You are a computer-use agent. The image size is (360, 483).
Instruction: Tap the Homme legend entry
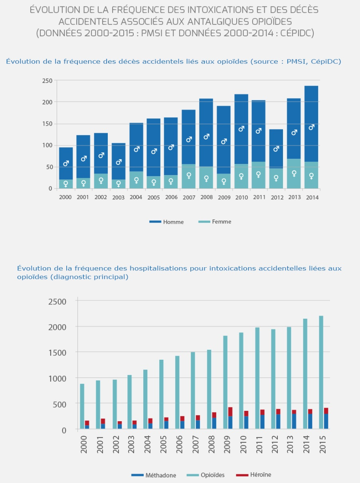[x=166, y=222]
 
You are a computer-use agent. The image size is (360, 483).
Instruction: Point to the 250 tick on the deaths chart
[x=47, y=81]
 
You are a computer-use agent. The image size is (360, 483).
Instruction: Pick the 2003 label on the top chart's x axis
[x=119, y=197]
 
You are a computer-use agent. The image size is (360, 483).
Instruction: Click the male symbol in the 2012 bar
[x=276, y=149]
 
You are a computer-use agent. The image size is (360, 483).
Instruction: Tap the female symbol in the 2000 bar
[x=66, y=184]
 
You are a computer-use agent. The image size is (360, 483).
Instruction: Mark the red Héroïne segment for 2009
[x=230, y=412]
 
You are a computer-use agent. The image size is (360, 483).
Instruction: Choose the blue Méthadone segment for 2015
[x=326, y=422]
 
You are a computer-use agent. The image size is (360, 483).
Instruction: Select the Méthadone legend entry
[x=154, y=475]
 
